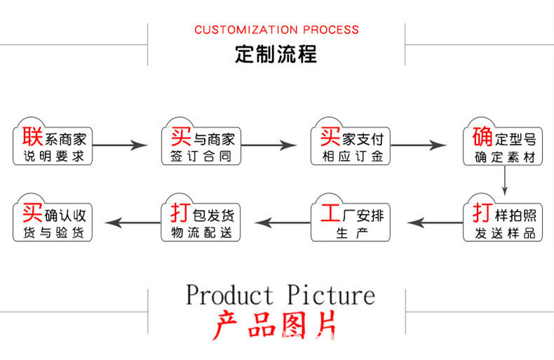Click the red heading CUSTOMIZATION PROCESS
coord(276,29)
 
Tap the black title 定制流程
coord(276,54)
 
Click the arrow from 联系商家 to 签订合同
coord(120,145)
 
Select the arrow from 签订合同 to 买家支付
coord(269,145)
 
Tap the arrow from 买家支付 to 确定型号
coord(419,145)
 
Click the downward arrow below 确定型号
coord(504,181)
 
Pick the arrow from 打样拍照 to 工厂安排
coord(435,222)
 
